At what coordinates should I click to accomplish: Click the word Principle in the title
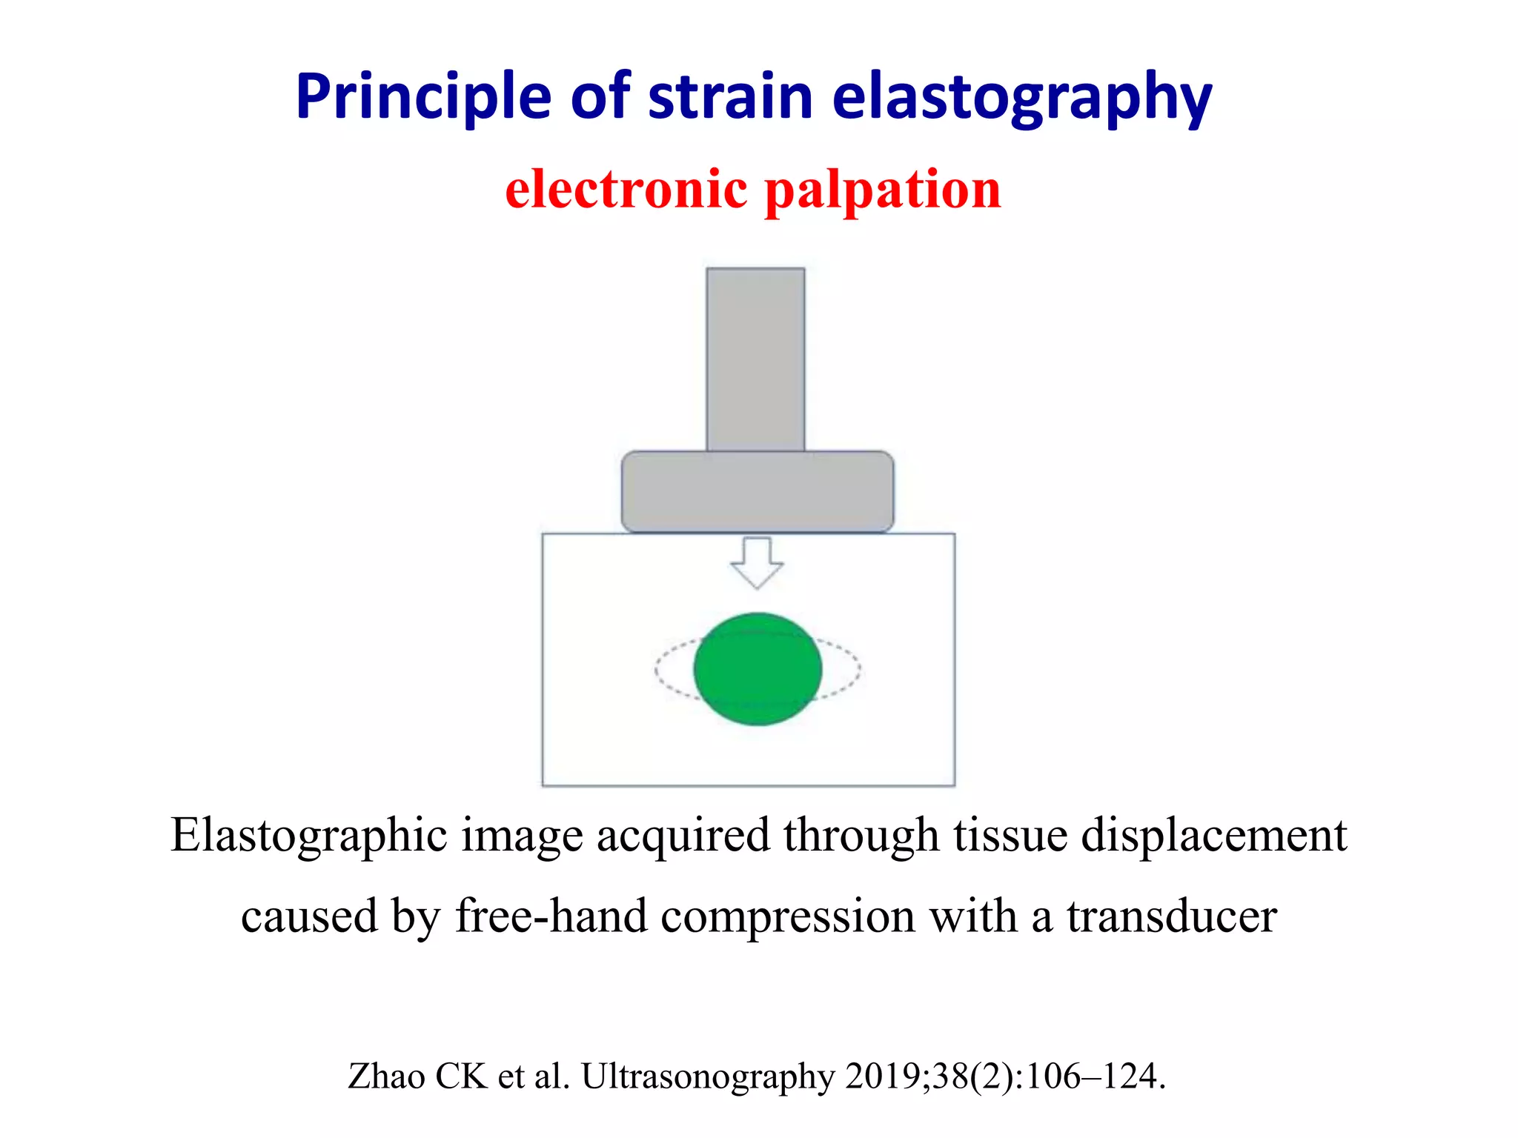[x=423, y=98]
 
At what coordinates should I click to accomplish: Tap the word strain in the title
[x=730, y=98]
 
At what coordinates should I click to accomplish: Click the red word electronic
[x=626, y=190]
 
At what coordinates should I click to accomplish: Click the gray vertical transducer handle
[x=755, y=359]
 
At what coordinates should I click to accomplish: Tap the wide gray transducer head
[x=757, y=491]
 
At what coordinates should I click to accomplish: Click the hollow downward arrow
[x=757, y=562]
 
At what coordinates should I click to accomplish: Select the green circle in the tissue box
[x=758, y=669]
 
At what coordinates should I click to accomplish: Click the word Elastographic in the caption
[x=308, y=836]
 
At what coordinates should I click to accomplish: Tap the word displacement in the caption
[x=1213, y=835]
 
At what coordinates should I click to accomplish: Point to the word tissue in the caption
[x=1010, y=835]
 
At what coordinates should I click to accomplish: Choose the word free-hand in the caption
[x=551, y=916]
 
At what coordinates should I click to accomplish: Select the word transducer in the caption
[x=1172, y=916]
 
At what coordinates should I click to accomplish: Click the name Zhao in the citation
[x=386, y=1077]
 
